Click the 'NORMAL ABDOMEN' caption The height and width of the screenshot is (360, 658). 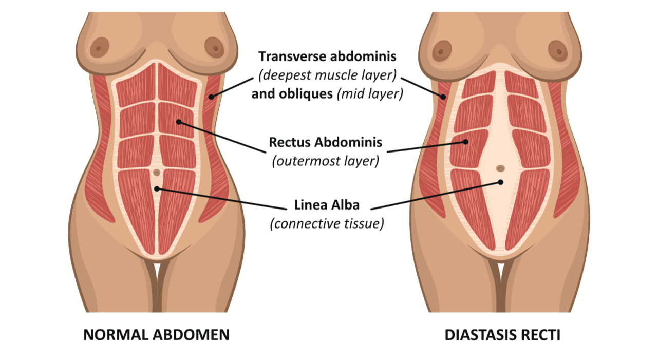(x=156, y=335)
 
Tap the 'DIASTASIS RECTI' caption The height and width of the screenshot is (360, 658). (x=502, y=335)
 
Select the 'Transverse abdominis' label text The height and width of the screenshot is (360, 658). (x=327, y=56)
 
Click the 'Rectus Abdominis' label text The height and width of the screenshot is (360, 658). (x=326, y=142)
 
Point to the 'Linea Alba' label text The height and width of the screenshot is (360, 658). (x=327, y=205)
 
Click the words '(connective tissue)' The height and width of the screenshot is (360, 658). (x=327, y=224)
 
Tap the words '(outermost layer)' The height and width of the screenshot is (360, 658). (x=326, y=161)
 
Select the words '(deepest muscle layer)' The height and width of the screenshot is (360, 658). (x=327, y=75)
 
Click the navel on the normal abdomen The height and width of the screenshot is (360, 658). (x=157, y=173)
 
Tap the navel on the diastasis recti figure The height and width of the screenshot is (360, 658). (x=500, y=168)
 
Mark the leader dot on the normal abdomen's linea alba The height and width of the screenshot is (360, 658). (x=157, y=189)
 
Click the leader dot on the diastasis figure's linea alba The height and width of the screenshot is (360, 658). (x=500, y=182)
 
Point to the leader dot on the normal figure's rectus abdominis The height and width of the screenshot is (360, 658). (x=178, y=122)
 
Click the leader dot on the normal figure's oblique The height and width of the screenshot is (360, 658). (x=211, y=96)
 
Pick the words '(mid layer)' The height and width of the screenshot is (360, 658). (x=369, y=94)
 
